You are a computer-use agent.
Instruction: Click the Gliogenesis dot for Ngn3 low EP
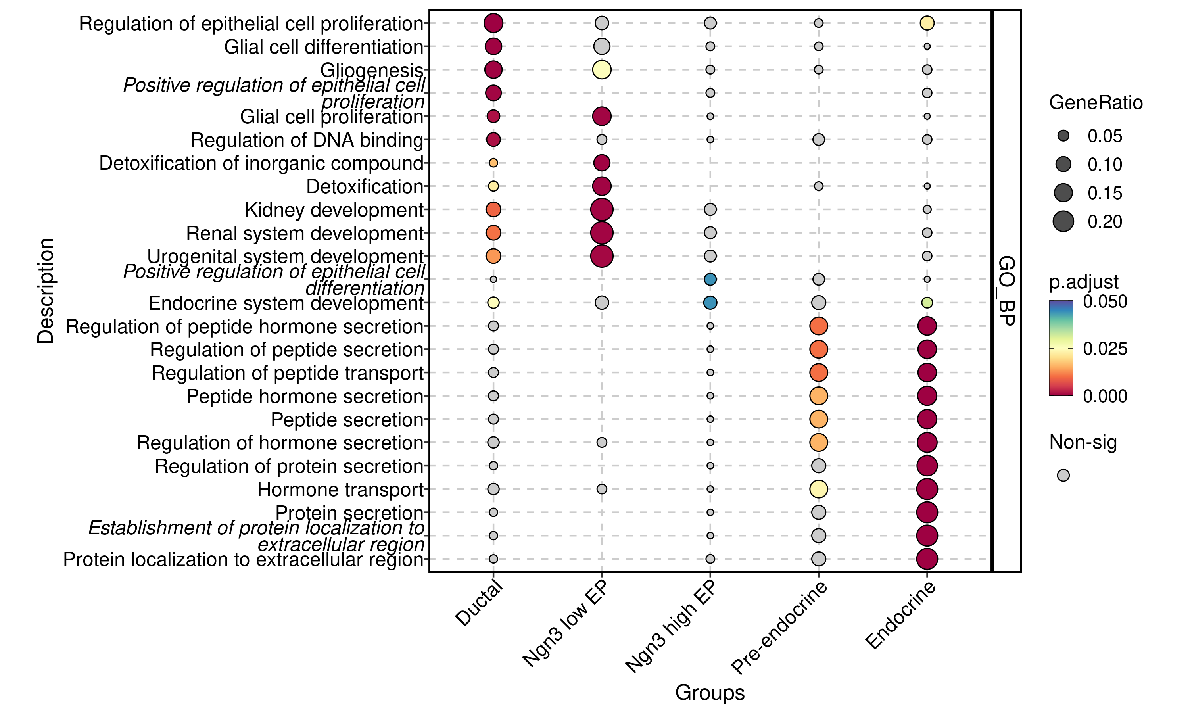[x=601, y=70]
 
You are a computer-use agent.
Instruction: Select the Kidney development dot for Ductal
[x=493, y=209]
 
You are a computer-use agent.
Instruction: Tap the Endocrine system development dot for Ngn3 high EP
[x=710, y=303]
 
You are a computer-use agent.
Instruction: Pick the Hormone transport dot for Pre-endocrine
[x=818, y=489]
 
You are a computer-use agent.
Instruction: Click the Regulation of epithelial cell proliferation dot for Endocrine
[x=927, y=23]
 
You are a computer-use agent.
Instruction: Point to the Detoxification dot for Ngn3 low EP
[x=601, y=186]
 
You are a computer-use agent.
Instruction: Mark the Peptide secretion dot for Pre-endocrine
[x=818, y=419]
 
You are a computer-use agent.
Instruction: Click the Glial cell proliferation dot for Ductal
[x=493, y=116]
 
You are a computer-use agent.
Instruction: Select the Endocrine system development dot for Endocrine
[x=927, y=303]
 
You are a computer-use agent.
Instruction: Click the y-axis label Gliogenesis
[x=371, y=70]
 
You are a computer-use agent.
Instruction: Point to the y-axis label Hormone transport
[x=340, y=490]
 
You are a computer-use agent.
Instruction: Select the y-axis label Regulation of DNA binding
[x=306, y=140]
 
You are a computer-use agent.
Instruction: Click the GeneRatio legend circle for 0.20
[x=1063, y=221]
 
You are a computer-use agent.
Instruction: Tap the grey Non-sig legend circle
[x=1063, y=475]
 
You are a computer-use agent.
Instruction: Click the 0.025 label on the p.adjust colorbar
[x=1105, y=349]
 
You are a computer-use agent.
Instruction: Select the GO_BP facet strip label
[x=1006, y=291]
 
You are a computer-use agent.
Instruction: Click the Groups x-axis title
[x=710, y=692]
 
